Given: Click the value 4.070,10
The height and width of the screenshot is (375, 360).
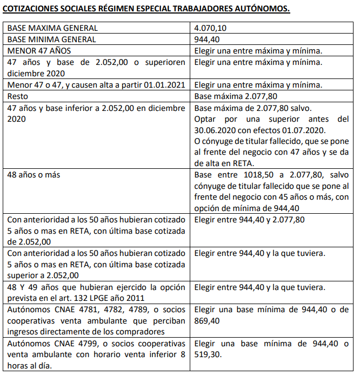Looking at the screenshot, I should coord(211,28).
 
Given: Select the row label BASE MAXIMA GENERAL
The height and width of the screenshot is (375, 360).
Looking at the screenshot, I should coord(53,28).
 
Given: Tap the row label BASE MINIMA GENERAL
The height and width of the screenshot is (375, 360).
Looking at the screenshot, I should coord(52,39).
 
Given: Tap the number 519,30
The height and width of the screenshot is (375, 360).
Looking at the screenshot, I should coord(208,355).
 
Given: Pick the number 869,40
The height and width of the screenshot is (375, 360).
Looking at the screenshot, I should coord(208,321).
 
